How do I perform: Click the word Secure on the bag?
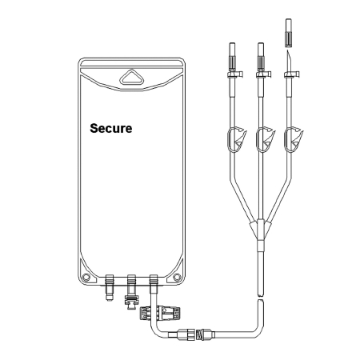tap(111, 128)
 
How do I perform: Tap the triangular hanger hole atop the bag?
tap(131, 78)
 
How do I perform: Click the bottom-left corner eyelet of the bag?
tap(86, 278)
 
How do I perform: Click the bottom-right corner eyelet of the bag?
tap(177, 278)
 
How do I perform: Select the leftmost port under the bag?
tap(110, 287)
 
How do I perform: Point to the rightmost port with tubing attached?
tap(154, 283)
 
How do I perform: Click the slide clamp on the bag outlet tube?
tap(160, 313)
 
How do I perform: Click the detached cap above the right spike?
tap(289, 33)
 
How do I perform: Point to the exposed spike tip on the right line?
tap(289, 61)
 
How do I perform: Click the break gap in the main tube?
tap(261, 298)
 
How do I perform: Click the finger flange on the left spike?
tap(235, 74)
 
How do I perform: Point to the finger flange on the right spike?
tap(292, 74)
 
